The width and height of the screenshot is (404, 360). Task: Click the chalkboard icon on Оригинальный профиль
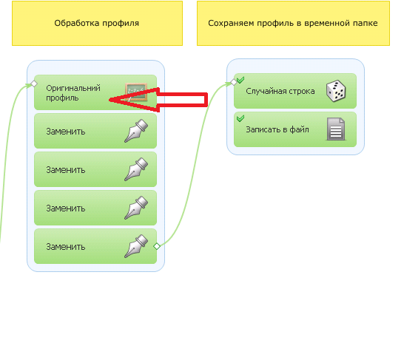point(136,92)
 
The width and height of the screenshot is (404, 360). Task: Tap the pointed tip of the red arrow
point(110,100)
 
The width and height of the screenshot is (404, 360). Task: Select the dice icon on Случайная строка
point(336,91)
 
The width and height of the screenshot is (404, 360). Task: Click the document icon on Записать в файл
point(336,129)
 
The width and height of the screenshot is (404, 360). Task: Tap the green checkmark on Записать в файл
point(240,118)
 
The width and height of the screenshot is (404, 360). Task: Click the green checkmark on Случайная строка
point(240,80)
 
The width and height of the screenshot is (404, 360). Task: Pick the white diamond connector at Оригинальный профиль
point(34,84)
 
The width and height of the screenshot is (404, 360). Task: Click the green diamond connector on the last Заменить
point(157,246)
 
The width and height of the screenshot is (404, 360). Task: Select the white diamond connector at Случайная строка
point(234,82)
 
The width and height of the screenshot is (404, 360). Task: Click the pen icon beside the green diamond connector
point(136,246)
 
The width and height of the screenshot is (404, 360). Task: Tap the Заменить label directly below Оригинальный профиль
point(66,132)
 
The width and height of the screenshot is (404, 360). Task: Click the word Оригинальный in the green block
point(73,88)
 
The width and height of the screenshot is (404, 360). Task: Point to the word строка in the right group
point(303,92)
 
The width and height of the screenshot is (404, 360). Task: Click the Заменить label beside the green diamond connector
point(66,247)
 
